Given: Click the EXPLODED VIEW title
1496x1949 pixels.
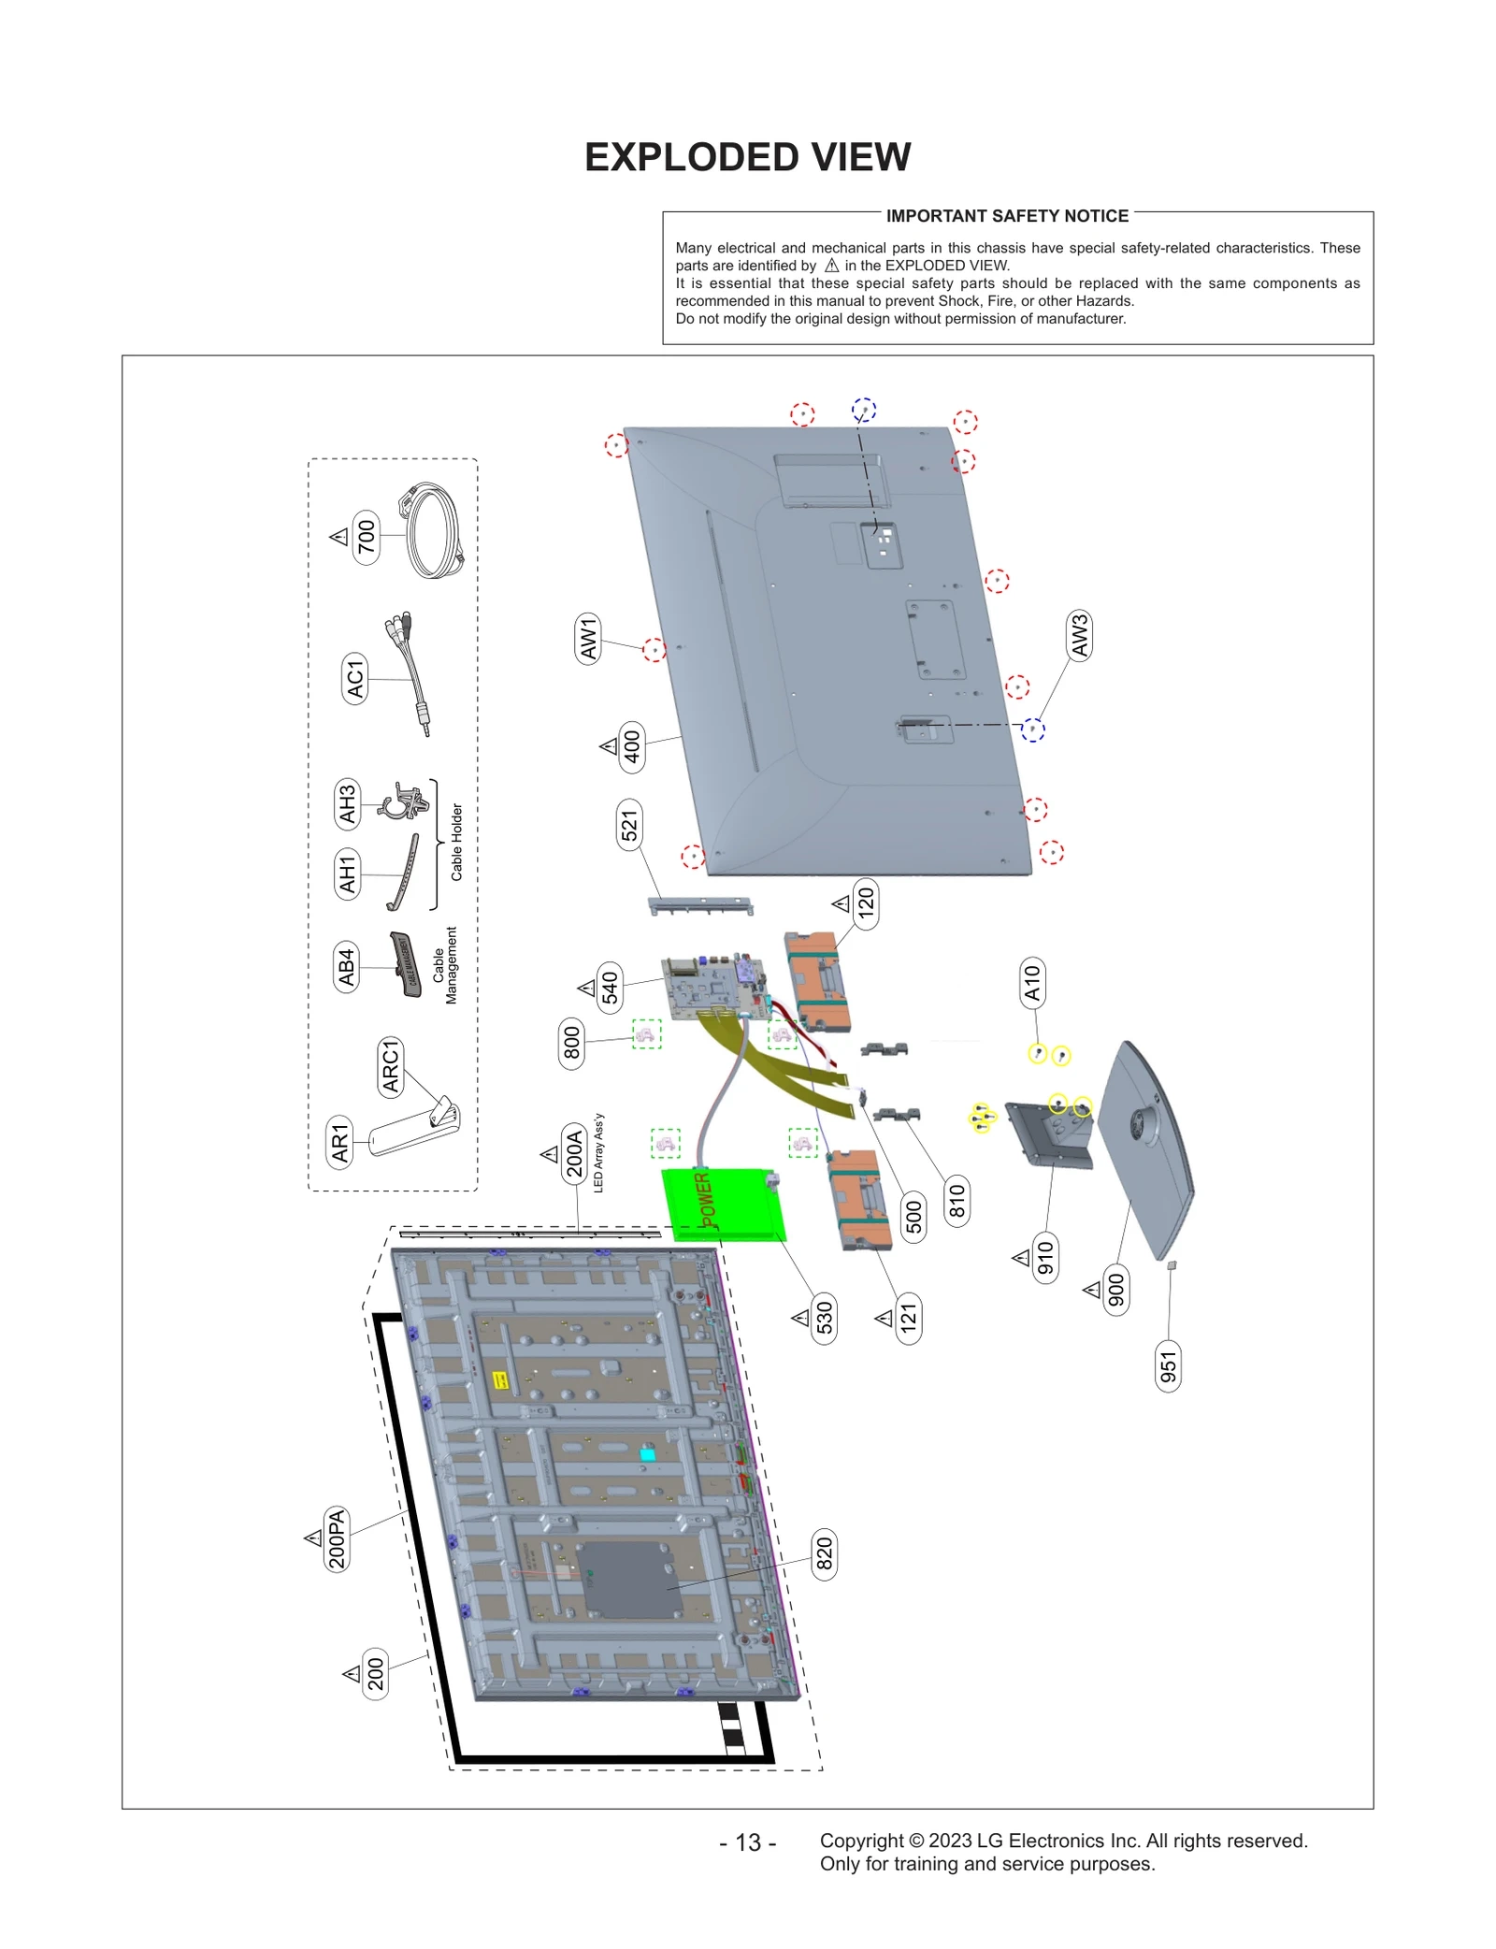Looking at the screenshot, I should [x=747, y=157].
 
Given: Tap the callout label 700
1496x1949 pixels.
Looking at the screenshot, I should [x=366, y=536].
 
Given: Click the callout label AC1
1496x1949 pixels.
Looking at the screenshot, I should [x=354, y=679].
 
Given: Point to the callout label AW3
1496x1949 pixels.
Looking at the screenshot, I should [x=1079, y=636].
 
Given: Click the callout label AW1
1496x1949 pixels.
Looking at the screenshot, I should [x=587, y=640].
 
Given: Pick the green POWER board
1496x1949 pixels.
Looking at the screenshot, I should [x=722, y=1205].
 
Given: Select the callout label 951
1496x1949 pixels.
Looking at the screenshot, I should [x=1168, y=1366].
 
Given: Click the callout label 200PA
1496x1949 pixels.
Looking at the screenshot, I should [x=337, y=1538].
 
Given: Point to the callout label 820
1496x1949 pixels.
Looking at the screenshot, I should [x=824, y=1553].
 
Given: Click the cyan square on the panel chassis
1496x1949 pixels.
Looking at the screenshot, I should [x=647, y=1454].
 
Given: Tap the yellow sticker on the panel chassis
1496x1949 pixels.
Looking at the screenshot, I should [x=500, y=1379].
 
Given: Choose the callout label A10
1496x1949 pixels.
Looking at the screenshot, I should [x=1031, y=983].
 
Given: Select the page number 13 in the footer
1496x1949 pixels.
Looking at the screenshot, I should [x=747, y=1841].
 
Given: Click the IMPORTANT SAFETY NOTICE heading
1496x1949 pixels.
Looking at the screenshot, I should [x=1006, y=216].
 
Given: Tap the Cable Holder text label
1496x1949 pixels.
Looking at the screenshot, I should [x=457, y=842].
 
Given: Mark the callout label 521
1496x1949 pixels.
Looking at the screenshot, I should [x=629, y=825].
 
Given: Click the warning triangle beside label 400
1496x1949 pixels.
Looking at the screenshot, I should [x=609, y=746].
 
